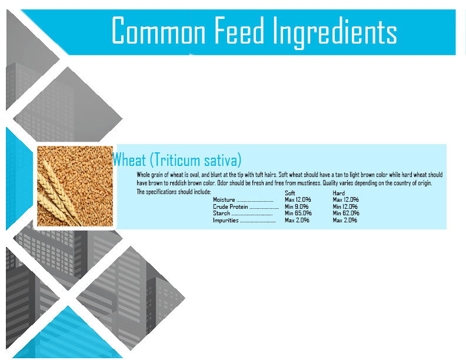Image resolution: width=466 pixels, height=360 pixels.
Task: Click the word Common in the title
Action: pyautogui.click(x=159, y=30)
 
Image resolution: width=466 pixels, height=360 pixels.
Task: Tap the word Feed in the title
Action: pyautogui.click(x=239, y=30)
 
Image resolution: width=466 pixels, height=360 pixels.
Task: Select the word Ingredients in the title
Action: pyautogui.click(x=335, y=32)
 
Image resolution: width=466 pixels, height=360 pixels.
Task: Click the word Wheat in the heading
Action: pyautogui.click(x=129, y=160)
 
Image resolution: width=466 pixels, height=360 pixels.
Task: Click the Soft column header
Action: pyautogui.click(x=289, y=193)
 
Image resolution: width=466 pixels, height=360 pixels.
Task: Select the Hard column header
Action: pyautogui.click(x=339, y=193)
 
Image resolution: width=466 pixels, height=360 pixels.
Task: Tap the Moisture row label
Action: pyautogui.click(x=224, y=200)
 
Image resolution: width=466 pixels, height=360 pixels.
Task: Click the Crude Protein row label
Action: pyautogui.click(x=230, y=206)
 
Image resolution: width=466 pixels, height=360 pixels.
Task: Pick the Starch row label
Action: pyautogui.click(x=221, y=214)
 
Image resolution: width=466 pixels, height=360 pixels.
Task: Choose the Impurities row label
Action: pyautogui.click(x=226, y=221)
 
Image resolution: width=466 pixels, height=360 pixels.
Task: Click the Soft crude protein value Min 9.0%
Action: pyautogui.click(x=297, y=206)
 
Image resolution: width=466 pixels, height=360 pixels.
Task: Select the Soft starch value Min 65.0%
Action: pyautogui.click(x=298, y=214)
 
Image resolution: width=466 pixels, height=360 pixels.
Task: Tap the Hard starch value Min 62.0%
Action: pyautogui.click(x=346, y=214)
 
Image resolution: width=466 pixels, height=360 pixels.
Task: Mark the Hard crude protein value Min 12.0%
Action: pyautogui.click(x=345, y=206)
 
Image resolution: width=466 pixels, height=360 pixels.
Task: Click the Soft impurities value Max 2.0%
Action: pyautogui.click(x=297, y=221)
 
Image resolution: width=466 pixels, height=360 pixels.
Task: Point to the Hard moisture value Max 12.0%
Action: pyautogui.click(x=345, y=199)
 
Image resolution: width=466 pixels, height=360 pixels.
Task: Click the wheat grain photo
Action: pyautogui.click(x=75, y=186)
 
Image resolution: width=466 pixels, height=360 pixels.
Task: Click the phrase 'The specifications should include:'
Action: pyautogui.click(x=174, y=192)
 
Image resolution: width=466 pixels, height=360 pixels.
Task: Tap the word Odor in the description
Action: pyautogui.click(x=223, y=183)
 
